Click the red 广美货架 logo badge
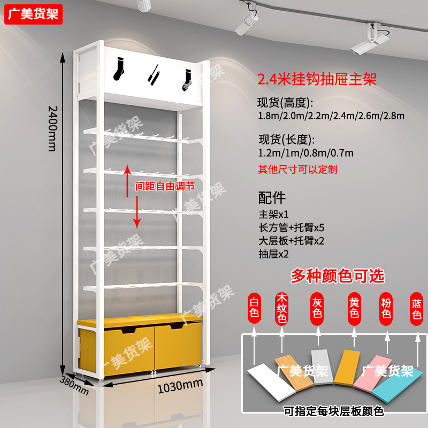pyautogui.click(x=34, y=14)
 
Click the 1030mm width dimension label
pyautogui.click(x=180, y=385)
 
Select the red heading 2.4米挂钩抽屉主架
pyautogui.click(x=317, y=80)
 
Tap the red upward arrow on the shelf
pyautogui.click(x=127, y=176)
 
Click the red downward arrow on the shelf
pyautogui.click(x=137, y=212)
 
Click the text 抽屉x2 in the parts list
pyautogui.click(x=273, y=254)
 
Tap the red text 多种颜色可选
pyautogui.click(x=337, y=276)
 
